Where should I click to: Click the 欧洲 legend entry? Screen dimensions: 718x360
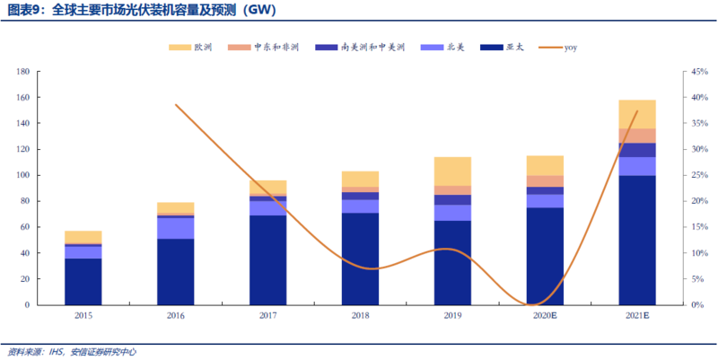[x=190, y=48]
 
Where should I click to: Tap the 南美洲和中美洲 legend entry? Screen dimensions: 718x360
[x=361, y=48]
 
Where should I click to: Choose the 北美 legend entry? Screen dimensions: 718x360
[x=442, y=48]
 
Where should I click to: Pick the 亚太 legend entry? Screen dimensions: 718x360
[x=502, y=48]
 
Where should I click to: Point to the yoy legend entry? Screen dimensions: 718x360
[x=557, y=48]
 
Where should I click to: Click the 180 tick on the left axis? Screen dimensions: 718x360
[x=23, y=72]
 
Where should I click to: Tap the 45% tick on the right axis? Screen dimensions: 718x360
[x=698, y=72]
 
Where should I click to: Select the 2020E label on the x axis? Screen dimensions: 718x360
[x=545, y=316]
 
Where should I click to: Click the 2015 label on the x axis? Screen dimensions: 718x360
[x=83, y=316]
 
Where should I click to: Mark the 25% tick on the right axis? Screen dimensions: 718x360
[x=698, y=175]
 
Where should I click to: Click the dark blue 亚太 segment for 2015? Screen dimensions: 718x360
[x=83, y=282]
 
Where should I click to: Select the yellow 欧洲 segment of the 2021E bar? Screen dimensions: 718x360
[x=637, y=115]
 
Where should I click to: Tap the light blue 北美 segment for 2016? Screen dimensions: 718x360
[x=176, y=229]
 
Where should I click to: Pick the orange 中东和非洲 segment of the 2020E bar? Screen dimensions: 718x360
[x=545, y=181]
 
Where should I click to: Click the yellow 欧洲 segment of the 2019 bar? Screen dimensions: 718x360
[x=453, y=171]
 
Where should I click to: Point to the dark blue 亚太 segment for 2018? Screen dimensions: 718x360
[x=361, y=259]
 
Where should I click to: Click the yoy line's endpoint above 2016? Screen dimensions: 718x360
[x=176, y=105]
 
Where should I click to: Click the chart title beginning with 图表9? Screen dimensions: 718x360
[x=142, y=10]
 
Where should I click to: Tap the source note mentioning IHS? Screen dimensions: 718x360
[x=72, y=352]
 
